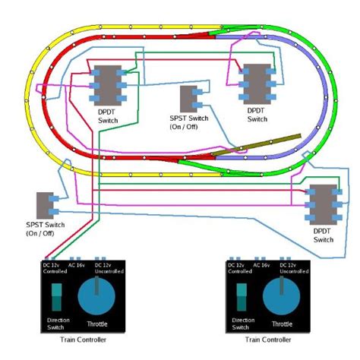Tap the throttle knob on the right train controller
tap(284, 301)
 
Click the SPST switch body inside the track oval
tap(187, 99)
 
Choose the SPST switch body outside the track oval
tap(43, 206)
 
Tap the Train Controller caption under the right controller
tap(269, 339)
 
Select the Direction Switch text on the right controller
tap(242, 324)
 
